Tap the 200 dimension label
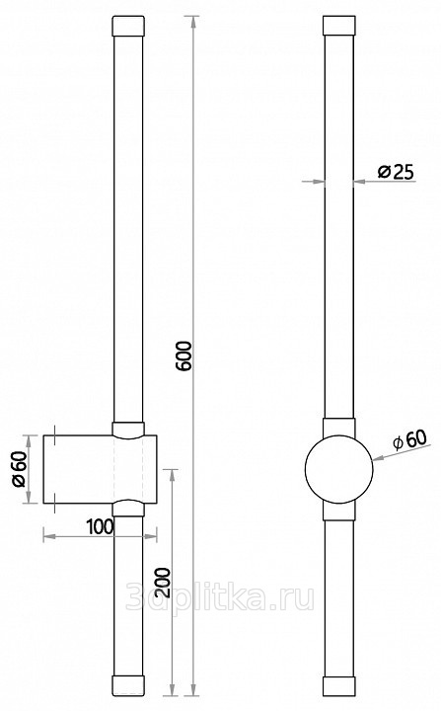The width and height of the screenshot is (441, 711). click(x=164, y=582)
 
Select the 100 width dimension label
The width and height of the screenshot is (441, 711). click(x=100, y=526)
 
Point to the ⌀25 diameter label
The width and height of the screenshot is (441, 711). click(x=396, y=172)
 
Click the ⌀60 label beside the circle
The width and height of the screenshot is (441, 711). click(x=409, y=439)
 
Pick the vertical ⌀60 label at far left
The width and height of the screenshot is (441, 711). click(x=21, y=469)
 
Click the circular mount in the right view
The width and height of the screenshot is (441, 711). click(x=338, y=469)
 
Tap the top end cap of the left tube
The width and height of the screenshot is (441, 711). click(x=128, y=26)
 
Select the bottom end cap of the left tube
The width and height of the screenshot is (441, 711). click(x=128, y=685)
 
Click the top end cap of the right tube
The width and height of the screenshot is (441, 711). click(x=338, y=26)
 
